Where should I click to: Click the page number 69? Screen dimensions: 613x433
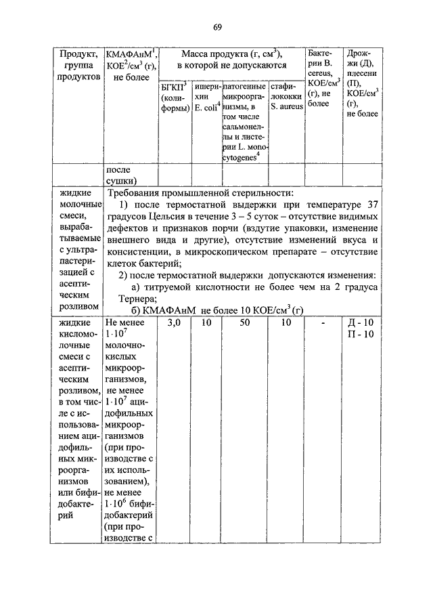tap(216, 27)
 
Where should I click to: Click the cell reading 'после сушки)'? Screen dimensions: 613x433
tap(120, 175)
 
